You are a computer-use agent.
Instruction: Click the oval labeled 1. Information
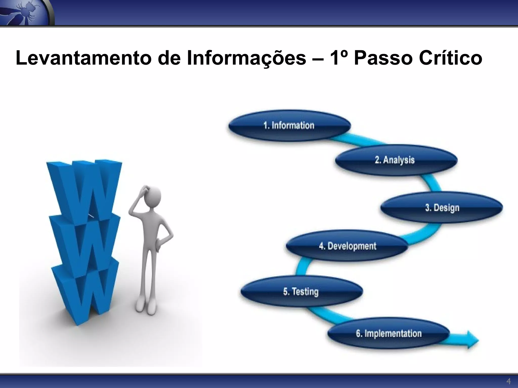289,126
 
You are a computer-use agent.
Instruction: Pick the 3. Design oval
442,208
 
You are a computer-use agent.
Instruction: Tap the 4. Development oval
347,246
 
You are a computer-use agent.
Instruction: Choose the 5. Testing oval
301,292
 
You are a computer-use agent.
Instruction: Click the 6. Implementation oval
389,333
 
